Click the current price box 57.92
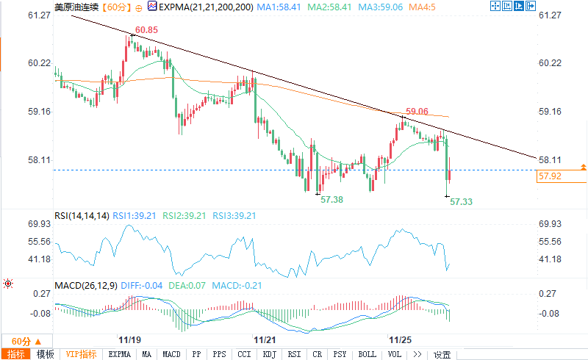[x=550, y=176]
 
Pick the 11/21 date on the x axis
[x=265, y=340]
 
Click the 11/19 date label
[x=129, y=340]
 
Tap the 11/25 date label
[x=400, y=340]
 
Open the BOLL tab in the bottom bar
[x=367, y=354]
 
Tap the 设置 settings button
[x=442, y=354]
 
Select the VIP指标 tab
[x=81, y=354]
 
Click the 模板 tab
[x=45, y=354]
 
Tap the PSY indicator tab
[x=340, y=354]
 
